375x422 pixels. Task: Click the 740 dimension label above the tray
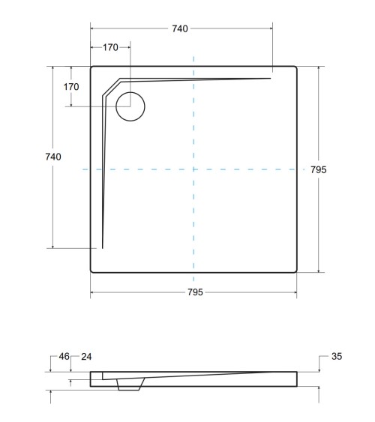(180, 28)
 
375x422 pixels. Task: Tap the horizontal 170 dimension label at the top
(110, 47)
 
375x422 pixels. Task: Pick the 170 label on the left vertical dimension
(71, 87)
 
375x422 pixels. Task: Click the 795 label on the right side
(318, 170)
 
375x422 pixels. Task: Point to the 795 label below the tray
(194, 292)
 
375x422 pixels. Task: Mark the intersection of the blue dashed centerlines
(193, 170)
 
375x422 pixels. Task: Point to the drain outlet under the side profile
(130, 384)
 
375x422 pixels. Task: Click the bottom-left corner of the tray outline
(92, 271)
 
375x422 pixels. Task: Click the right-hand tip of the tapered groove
(269, 78)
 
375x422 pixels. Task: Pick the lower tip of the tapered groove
(102, 247)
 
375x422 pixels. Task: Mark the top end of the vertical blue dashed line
(193, 55)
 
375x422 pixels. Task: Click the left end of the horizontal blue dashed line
(82, 170)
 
